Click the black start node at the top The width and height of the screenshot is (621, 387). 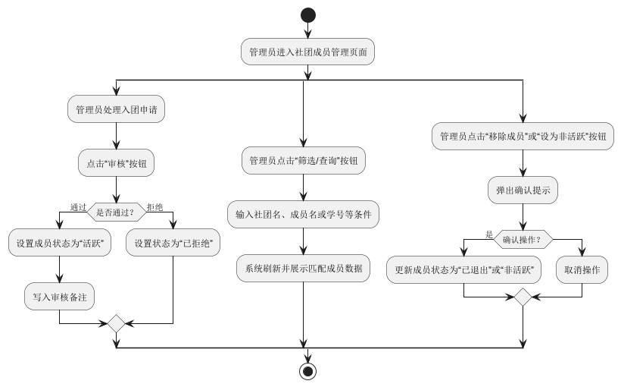[307, 14]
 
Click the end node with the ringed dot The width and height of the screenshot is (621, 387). [307, 371]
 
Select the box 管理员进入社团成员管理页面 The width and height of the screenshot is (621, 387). [307, 53]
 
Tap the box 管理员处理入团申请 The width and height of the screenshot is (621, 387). [117, 109]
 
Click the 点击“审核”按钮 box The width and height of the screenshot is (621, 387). [117, 162]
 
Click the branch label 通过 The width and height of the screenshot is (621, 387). [78, 206]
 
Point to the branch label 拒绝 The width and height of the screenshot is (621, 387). [154, 206]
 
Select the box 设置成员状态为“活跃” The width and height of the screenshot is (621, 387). [59, 244]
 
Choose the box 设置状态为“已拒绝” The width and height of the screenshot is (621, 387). [173, 244]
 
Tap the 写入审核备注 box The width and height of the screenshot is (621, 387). [59, 297]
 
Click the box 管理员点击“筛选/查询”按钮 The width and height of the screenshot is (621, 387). [303, 162]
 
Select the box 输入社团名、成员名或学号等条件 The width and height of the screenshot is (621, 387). [303, 215]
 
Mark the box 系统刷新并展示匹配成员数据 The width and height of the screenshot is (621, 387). [303, 268]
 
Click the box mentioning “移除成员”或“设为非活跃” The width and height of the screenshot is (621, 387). [523, 137]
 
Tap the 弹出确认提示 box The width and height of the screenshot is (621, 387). [523, 190]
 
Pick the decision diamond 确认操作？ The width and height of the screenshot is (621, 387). [523, 240]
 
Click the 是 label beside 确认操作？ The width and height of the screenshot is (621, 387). [489, 234]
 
